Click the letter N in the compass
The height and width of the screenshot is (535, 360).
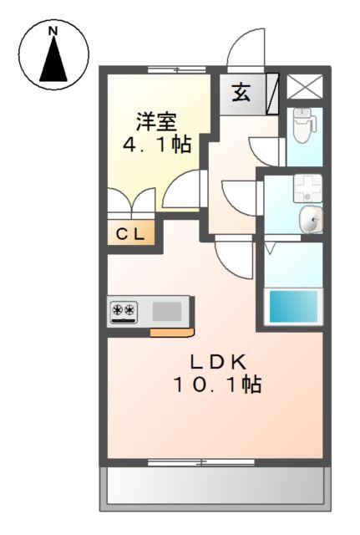(x=53, y=32)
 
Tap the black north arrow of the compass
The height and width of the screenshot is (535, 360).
(x=53, y=60)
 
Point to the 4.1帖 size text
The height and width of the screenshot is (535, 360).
(x=159, y=145)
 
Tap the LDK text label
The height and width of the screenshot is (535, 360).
(x=216, y=362)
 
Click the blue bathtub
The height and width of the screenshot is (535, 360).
(x=293, y=306)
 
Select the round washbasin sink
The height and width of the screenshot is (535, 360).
(x=310, y=221)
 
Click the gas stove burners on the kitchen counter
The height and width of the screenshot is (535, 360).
(x=124, y=311)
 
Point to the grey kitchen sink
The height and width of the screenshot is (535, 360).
(x=167, y=311)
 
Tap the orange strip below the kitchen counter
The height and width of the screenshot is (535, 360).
(x=172, y=333)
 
